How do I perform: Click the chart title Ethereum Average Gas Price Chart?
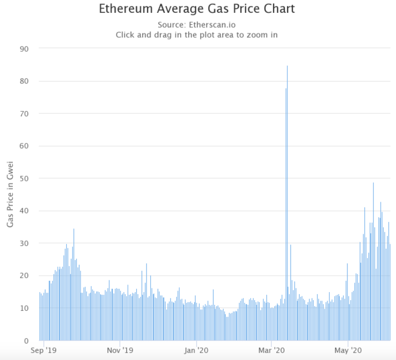197,9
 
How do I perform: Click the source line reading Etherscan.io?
197,25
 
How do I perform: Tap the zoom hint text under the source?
197,35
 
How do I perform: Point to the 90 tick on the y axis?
24,49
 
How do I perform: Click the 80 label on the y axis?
24,81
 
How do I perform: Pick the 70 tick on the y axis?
24,113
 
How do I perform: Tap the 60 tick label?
24,146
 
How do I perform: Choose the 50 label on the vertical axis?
24,178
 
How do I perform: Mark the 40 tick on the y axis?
24,211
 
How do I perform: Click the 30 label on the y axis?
24,243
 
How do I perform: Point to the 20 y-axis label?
24,275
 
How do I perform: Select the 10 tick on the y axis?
24,308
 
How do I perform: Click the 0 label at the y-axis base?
26,341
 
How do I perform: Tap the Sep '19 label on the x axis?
44,351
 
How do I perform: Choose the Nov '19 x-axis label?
120,351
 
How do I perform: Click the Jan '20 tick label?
196,351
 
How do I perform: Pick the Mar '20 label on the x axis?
271,351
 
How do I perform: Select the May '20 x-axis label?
348,351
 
